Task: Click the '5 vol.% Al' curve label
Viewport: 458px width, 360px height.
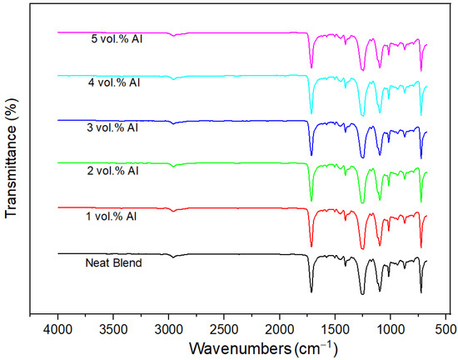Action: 117,39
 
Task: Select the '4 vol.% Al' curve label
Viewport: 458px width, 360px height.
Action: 117,83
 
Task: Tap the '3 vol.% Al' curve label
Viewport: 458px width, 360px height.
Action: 117,127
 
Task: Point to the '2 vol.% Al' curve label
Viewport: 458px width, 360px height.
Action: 117,171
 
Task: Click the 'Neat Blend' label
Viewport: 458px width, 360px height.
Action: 112,263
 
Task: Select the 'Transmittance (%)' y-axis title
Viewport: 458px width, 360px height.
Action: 12,160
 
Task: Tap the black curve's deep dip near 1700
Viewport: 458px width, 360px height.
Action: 311,292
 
